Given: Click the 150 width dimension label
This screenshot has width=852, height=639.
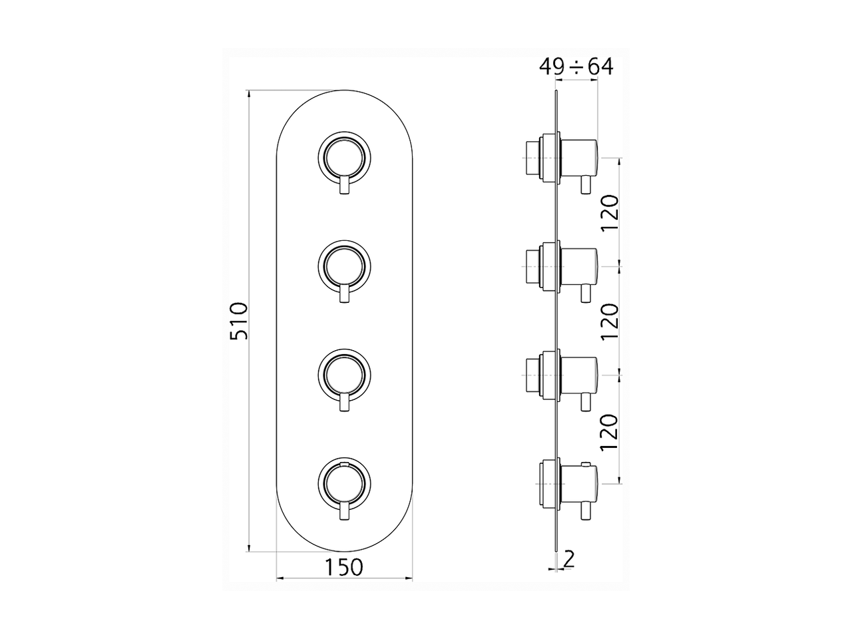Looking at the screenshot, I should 344,567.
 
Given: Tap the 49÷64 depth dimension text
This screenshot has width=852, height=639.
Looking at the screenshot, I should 576,67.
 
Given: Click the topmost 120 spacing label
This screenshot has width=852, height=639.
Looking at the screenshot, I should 611,212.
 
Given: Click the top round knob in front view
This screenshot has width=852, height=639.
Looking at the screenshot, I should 344,157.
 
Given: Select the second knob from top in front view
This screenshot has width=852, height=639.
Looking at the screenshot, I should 344,266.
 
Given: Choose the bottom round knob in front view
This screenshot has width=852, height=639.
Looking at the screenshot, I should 344,482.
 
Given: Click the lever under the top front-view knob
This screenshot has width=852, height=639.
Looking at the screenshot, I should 344,186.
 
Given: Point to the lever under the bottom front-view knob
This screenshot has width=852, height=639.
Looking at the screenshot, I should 344,511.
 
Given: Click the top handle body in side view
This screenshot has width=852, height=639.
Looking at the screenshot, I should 580,158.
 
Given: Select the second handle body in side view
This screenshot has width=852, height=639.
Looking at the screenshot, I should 580,266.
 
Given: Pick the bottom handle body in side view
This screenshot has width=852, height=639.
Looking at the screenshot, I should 580,483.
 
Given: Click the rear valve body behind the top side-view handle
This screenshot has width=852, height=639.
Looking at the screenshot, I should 535,158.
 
